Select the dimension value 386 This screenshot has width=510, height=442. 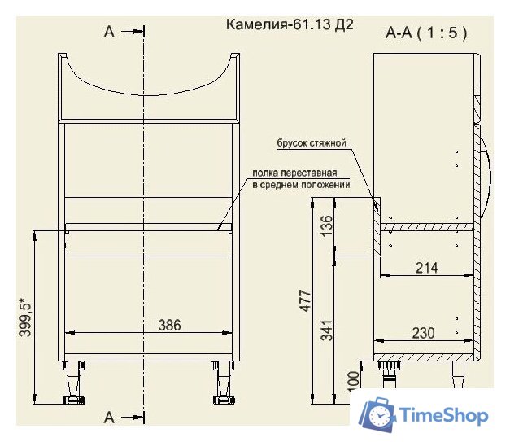(x=169, y=325)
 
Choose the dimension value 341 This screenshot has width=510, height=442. (x=326, y=330)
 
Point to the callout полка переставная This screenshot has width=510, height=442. (x=300, y=172)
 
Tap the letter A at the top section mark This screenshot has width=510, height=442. (x=110, y=33)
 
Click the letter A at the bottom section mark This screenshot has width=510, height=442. (x=110, y=418)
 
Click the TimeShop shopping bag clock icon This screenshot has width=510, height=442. (x=378, y=415)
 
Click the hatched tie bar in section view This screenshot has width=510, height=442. (x=377, y=229)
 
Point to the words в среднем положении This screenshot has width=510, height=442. (x=300, y=185)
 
